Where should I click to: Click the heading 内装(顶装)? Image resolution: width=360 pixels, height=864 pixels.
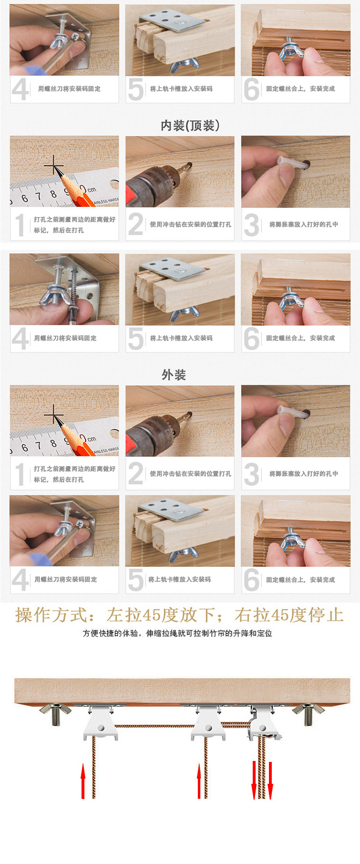pyautogui.click(x=190, y=125)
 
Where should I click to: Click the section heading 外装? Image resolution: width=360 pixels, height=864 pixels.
pyautogui.click(x=174, y=375)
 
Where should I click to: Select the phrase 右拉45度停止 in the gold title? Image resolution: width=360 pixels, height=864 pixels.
pyautogui.click(x=289, y=615)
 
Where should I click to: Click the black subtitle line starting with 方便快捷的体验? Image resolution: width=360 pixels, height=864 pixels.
pyautogui.click(x=177, y=633)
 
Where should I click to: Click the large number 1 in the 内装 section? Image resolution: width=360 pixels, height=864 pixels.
pyautogui.click(x=20, y=225)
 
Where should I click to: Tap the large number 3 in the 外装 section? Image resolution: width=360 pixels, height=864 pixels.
pyautogui.click(x=251, y=474)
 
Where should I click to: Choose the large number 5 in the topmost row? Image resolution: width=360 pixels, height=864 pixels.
pyautogui.click(x=136, y=89)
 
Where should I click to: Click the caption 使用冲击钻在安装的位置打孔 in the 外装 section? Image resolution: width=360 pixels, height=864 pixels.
pyautogui.click(x=190, y=473)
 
